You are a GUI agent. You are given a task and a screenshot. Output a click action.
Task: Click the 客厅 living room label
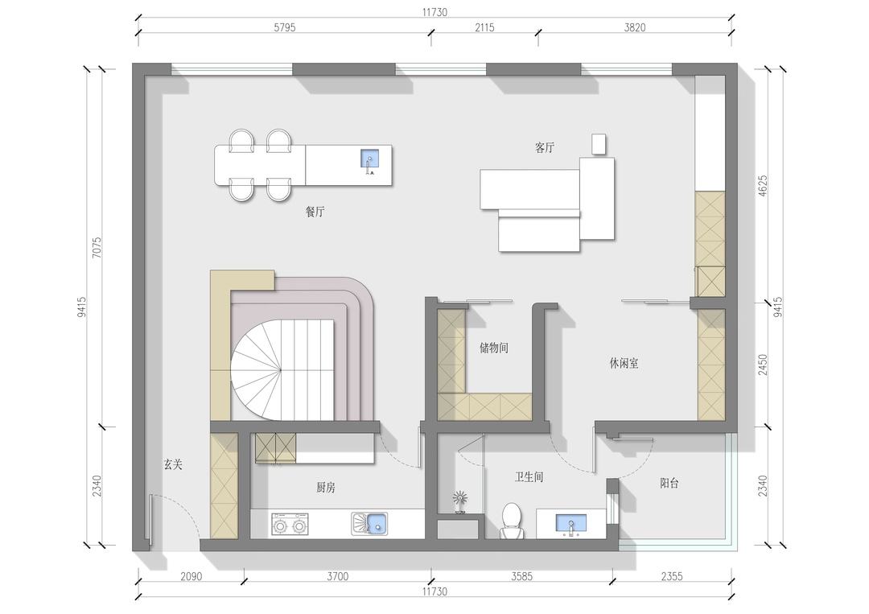point(545,147)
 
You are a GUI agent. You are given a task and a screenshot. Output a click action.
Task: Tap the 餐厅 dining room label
point(315,211)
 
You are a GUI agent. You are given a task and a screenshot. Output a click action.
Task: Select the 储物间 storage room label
point(494,348)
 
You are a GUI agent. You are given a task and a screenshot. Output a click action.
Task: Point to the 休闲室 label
point(624,364)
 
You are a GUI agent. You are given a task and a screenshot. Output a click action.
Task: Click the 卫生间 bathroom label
point(529,477)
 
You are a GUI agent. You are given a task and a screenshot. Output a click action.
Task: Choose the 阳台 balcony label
point(669,483)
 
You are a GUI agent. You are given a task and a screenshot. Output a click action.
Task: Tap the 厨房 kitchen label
point(326,488)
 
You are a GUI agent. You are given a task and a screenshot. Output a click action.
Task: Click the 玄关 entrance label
point(173,464)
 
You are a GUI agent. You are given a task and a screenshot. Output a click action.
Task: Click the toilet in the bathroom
point(511,521)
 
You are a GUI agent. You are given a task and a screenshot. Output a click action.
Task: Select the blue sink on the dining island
point(369,159)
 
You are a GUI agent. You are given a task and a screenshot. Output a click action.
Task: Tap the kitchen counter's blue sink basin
point(377,522)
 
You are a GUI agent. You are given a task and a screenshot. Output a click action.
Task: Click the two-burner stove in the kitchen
point(290,524)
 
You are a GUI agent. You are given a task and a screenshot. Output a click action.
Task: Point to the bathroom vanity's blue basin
point(570,522)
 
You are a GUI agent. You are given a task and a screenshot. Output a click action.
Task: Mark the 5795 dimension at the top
point(284,27)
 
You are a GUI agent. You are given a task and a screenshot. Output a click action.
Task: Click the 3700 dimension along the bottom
point(337,576)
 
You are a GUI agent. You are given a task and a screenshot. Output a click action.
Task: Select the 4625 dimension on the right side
point(763,186)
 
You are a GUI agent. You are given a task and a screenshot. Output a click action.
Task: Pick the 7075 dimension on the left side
point(97,248)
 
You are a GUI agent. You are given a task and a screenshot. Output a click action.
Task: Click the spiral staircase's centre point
point(281,369)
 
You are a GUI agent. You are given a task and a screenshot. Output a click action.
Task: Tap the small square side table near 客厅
point(599,144)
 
